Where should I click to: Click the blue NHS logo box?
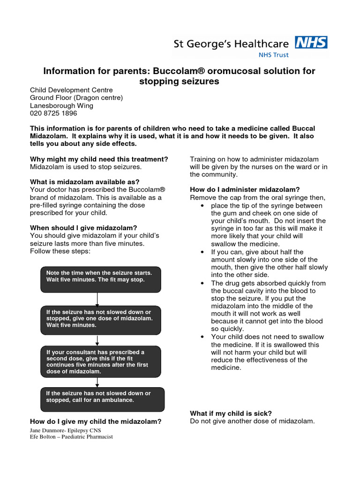(x=311, y=43)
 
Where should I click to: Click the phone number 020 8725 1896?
(x=53, y=113)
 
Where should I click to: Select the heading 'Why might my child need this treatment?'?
(x=99, y=159)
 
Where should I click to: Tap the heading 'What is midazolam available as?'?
(x=85, y=182)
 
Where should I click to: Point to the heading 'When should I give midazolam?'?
(x=83, y=228)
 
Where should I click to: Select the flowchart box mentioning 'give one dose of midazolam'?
(x=101, y=320)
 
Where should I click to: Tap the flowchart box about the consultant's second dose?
(x=101, y=361)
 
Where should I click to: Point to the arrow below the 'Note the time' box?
(x=97, y=299)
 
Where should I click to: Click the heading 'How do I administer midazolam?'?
(x=245, y=189)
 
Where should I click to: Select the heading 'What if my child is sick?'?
(x=231, y=413)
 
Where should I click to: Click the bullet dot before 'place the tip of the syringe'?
(x=202, y=206)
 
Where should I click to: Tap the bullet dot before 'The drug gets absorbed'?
(x=202, y=283)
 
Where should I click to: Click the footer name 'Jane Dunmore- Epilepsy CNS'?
(x=66, y=430)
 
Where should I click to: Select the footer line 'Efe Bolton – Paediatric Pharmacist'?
(x=71, y=437)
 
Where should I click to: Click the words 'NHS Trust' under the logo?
(x=274, y=55)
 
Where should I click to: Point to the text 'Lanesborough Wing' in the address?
(x=61, y=105)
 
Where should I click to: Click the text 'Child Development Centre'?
(x=71, y=90)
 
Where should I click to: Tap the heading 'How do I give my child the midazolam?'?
(x=96, y=421)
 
